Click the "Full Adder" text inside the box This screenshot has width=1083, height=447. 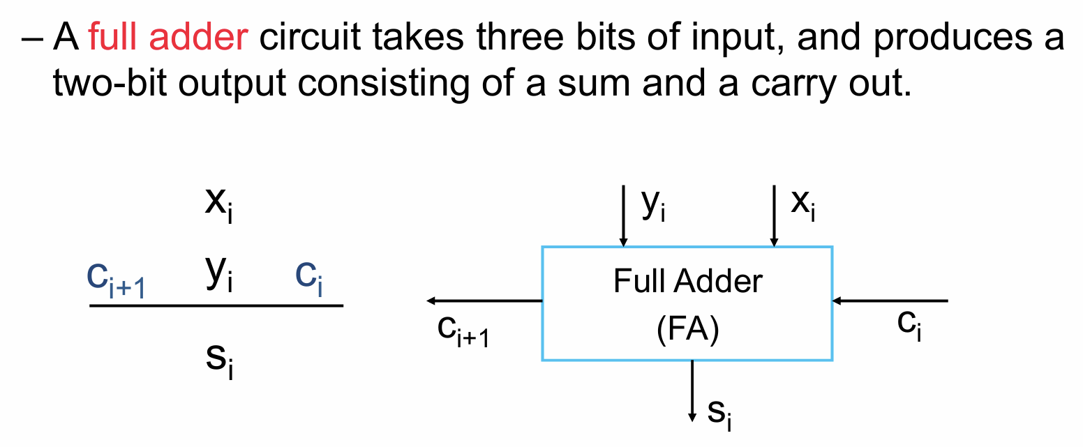tap(688, 281)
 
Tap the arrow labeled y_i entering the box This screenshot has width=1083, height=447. tap(623, 215)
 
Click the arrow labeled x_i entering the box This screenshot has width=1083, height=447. tap(772, 215)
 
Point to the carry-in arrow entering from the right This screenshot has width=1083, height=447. tap(890, 301)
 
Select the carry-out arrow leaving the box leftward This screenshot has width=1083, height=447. tap(484, 301)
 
